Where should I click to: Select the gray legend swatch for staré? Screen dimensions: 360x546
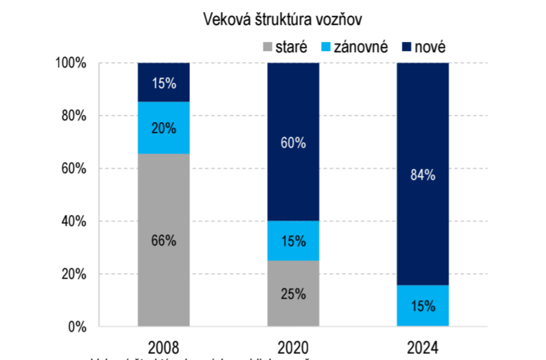click(x=268, y=47)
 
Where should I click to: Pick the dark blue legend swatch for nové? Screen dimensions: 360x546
click(x=406, y=47)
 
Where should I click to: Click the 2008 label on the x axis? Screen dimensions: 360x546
click(x=164, y=347)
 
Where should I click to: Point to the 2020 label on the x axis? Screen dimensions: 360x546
click(x=293, y=347)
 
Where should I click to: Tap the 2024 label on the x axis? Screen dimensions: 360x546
click(x=423, y=347)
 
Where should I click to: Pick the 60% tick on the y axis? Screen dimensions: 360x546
click(x=75, y=169)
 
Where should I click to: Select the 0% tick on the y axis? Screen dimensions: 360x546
click(x=78, y=327)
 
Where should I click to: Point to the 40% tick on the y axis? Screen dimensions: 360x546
click(x=75, y=222)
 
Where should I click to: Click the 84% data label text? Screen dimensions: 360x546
click(x=423, y=175)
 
